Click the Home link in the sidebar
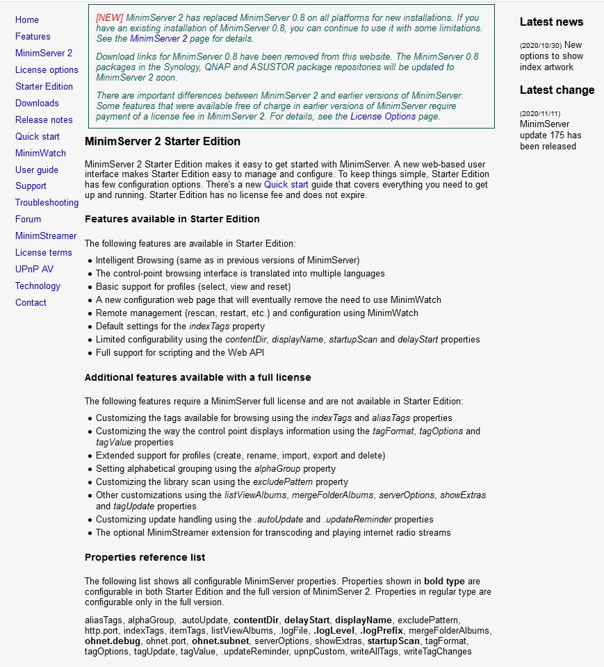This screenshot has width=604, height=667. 27,20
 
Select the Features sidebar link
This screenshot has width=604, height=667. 33,37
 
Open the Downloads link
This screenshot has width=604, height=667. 37,104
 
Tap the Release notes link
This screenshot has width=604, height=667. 44,120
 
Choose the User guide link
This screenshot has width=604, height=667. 37,170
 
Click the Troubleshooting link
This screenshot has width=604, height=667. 47,203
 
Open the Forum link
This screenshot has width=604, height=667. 28,220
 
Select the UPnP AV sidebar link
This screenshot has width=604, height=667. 34,270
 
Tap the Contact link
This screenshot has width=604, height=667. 31,303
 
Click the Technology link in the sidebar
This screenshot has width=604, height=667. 38,286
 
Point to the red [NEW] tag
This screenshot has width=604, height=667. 110,17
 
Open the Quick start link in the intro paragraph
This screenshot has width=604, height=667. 286,185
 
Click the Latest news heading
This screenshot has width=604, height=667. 551,22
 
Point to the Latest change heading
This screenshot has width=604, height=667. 557,90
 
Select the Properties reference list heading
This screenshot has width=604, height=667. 145,557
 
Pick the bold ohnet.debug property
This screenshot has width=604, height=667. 113,641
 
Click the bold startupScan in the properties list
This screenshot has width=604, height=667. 393,641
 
